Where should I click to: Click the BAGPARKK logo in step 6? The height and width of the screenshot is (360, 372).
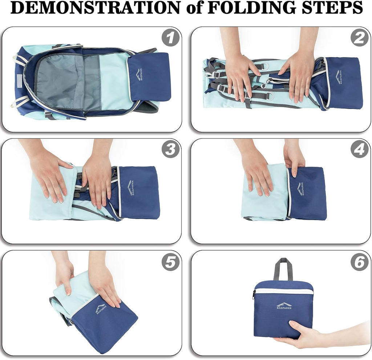point(284,306)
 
